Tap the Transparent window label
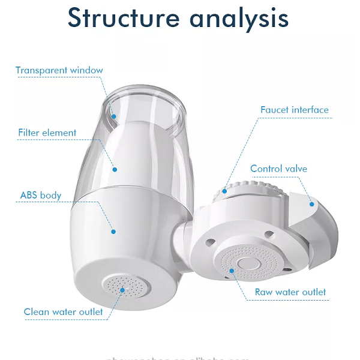point(59,70)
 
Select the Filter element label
point(47,133)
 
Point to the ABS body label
point(41,195)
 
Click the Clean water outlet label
point(63,311)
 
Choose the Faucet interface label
point(295,110)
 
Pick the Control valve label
point(278,169)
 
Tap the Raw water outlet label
point(290,292)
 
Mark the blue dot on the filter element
point(115,170)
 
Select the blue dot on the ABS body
point(112,230)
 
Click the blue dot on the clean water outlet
point(122,289)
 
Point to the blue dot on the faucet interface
point(224,191)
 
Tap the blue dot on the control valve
point(311,203)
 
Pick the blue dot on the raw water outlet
point(232,271)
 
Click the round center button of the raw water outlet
point(246,263)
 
